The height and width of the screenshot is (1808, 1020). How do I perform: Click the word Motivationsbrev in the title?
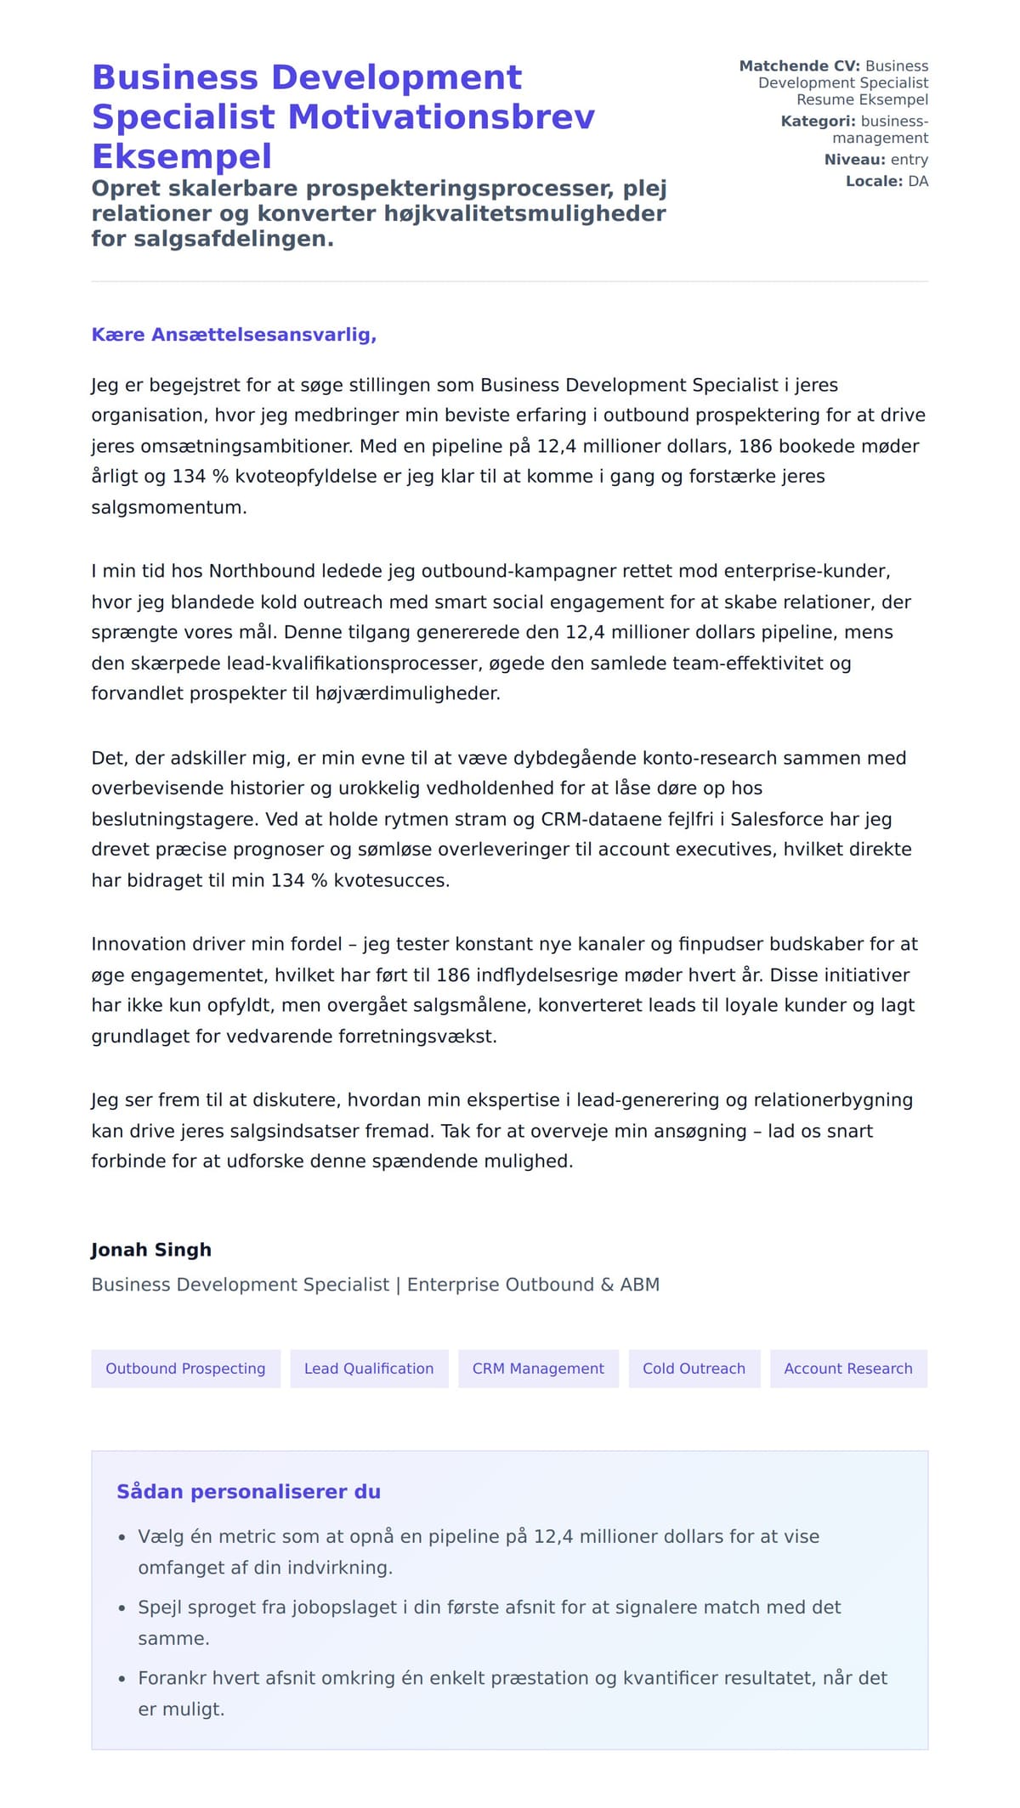tap(441, 117)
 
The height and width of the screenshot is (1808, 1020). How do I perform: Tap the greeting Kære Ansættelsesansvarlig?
tap(234, 335)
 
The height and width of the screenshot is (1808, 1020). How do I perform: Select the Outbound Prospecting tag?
tap(185, 1369)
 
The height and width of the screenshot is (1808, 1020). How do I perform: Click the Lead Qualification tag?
tap(369, 1369)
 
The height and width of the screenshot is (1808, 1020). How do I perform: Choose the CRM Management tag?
tap(538, 1369)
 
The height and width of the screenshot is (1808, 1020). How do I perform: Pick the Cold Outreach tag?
tap(694, 1369)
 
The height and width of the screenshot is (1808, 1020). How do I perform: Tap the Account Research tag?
tap(847, 1369)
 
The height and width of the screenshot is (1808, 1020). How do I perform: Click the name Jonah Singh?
tap(151, 1250)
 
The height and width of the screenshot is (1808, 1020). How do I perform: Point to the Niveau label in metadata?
tap(854, 160)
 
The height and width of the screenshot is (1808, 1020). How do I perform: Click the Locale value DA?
tap(918, 181)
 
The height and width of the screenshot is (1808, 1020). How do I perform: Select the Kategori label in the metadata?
tap(818, 121)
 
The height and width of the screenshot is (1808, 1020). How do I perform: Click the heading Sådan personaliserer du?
tap(248, 1492)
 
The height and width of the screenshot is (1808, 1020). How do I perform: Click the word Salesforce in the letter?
tap(781, 819)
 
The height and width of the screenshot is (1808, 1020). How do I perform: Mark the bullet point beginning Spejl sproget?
tap(489, 1607)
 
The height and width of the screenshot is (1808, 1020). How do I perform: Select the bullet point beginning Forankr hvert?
tap(512, 1678)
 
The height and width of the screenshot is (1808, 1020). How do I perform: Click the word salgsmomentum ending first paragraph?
tap(168, 508)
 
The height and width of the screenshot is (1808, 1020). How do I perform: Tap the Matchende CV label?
tap(799, 66)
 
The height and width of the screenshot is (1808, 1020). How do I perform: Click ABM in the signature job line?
tap(639, 1285)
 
